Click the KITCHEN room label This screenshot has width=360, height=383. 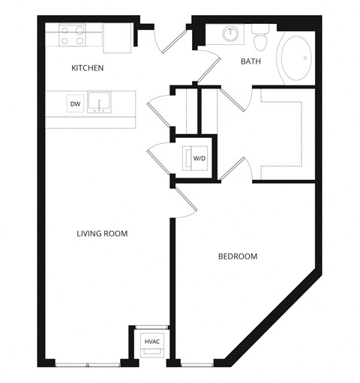click(87, 68)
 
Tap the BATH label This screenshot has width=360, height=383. click(250, 61)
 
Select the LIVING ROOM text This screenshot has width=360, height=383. click(102, 234)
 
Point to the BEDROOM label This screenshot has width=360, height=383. click(237, 256)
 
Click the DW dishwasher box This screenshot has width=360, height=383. click(75, 104)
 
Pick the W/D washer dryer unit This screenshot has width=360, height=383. click(199, 158)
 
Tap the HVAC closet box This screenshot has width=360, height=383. click(151, 342)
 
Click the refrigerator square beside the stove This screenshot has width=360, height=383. click(116, 38)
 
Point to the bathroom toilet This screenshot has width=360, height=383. click(260, 36)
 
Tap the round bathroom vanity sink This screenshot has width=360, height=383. click(229, 34)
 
